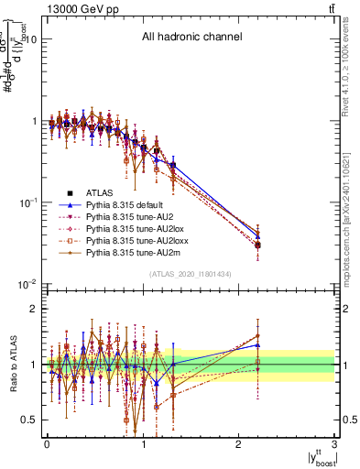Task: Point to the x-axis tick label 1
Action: tap(143, 444)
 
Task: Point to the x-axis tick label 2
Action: tap(239, 444)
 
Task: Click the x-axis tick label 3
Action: tap(335, 444)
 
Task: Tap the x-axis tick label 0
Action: tap(47, 444)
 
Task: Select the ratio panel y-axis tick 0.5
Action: tap(28, 420)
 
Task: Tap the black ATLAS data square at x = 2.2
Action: tap(258, 245)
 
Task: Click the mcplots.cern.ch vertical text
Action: tap(352, 212)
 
